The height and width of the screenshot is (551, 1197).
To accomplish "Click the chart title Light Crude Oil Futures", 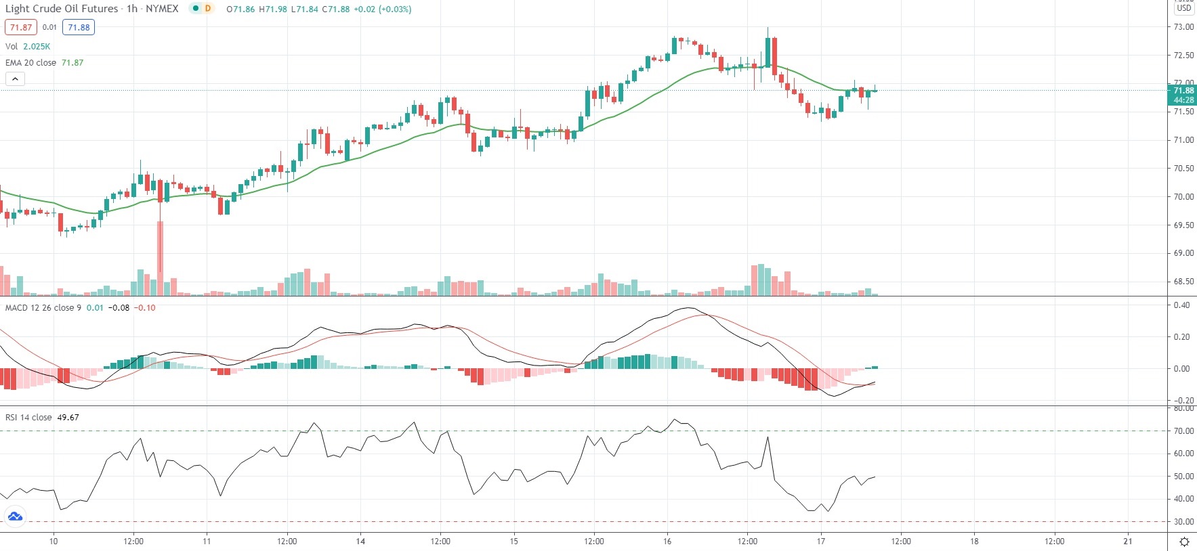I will click(x=62, y=9).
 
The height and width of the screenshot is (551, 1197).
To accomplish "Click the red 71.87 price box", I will click(x=21, y=27).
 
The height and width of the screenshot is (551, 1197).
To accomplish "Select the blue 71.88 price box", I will click(x=79, y=27).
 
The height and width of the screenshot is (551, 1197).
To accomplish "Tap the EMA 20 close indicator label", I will click(x=31, y=62).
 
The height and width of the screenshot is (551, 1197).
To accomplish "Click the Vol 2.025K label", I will click(x=28, y=46).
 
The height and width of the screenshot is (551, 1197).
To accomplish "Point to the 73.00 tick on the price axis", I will click(x=1183, y=27).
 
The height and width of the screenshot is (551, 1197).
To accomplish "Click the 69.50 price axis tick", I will click(x=1183, y=225).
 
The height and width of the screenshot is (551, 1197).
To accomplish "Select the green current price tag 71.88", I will click(x=1183, y=91).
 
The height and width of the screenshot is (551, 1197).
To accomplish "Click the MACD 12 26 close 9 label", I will click(x=43, y=307).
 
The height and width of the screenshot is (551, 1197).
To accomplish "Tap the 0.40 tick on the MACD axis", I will click(x=1181, y=305).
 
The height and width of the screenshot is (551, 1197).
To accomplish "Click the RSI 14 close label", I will click(x=28, y=417).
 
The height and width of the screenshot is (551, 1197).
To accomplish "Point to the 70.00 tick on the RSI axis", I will click(x=1183, y=431).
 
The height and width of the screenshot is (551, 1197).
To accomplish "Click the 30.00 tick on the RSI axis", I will click(x=1183, y=522).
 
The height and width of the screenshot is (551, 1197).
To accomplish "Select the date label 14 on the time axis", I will click(x=360, y=541).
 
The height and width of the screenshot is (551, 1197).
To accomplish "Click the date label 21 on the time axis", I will click(x=1127, y=541).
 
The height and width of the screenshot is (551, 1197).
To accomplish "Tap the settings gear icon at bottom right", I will click(x=1184, y=542).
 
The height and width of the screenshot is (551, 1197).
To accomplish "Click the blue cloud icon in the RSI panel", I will click(x=15, y=517).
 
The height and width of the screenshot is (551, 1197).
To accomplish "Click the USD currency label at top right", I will click(x=1183, y=8).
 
